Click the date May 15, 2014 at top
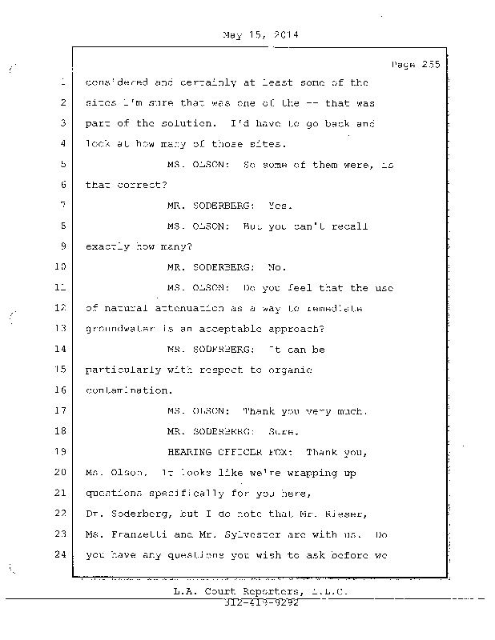point(257,34)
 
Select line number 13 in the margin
point(62,328)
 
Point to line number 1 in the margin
point(62,82)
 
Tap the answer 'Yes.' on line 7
point(281,205)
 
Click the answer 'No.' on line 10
point(276,267)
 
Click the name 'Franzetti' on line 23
point(138,534)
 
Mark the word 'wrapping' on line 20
point(311,473)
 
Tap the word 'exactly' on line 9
point(110,246)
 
